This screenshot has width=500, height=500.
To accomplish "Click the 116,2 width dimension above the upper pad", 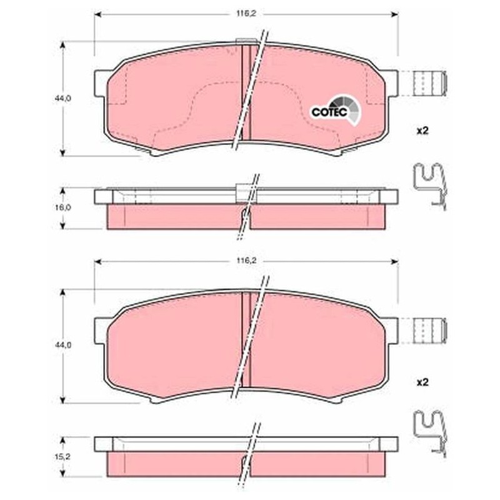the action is (x=246, y=14).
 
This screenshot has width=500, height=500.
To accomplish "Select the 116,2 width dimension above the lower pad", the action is (x=246, y=261).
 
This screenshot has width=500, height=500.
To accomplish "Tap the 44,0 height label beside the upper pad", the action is (x=62, y=99).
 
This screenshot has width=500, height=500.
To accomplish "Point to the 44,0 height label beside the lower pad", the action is (x=62, y=345).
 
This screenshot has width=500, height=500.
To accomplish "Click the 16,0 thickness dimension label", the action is (x=62, y=207).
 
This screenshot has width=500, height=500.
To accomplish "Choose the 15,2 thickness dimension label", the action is (x=62, y=457).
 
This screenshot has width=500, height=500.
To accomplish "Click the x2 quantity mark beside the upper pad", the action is (x=422, y=131).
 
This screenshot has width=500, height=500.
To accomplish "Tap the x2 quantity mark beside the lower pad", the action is (x=422, y=382).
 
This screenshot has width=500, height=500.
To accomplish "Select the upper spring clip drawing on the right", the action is (x=430, y=186).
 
